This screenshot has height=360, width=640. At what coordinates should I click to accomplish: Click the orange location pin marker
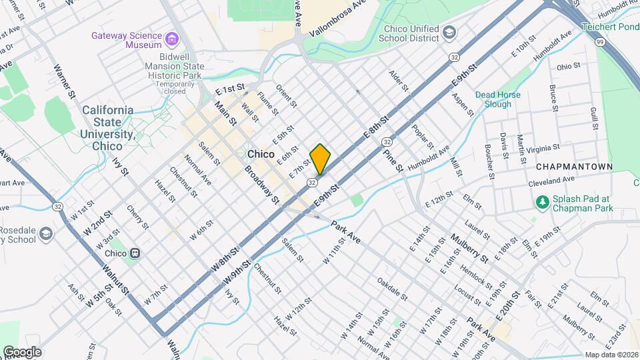point(320,159)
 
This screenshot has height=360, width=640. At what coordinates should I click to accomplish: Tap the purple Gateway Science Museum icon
point(173,39)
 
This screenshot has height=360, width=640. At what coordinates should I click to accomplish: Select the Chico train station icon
point(135,253)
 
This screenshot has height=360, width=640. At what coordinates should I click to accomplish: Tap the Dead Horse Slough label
point(493,99)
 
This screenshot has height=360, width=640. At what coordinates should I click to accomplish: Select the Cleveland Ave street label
point(551,180)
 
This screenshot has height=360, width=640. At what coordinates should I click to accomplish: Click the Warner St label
point(63,81)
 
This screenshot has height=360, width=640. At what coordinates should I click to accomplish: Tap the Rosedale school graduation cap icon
point(45,234)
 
